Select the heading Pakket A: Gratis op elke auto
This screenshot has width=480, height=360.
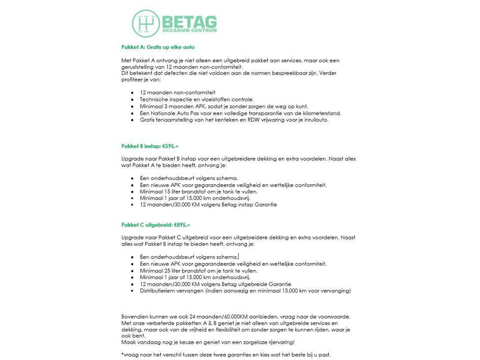tap(158, 47)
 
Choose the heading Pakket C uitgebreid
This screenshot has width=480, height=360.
tap(146, 224)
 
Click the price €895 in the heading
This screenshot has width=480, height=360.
tap(181, 224)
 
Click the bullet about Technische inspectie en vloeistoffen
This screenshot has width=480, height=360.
tap(197, 100)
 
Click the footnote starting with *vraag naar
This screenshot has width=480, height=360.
tap(226, 355)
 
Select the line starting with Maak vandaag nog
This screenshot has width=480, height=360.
tap(208, 342)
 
